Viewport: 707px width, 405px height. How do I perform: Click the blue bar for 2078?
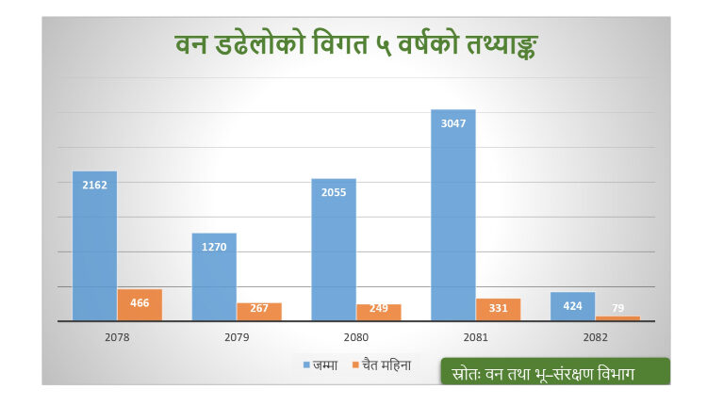click(94, 246)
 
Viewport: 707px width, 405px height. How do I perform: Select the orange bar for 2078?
click(140, 305)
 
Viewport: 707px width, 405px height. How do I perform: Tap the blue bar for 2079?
click(214, 277)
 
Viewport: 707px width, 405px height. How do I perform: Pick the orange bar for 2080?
click(379, 313)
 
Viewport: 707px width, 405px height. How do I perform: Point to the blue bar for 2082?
click(572, 307)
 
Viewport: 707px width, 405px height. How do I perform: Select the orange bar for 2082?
click(617, 318)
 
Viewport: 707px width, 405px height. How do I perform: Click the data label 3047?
click(453, 121)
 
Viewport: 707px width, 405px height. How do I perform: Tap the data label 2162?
click(94, 185)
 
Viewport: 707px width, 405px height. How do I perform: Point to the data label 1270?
click(214, 247)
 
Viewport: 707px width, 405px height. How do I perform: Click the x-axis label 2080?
click(356, 336)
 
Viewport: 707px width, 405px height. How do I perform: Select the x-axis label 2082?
click(595, 336)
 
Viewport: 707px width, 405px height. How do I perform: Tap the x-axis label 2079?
click(237, 336)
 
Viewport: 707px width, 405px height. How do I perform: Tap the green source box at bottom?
click(554, 372)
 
